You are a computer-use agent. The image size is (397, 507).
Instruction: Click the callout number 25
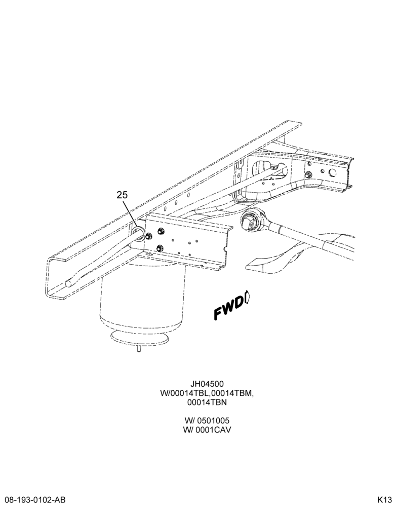click(123, 195)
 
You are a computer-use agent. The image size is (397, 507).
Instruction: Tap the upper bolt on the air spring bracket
click(160, 231)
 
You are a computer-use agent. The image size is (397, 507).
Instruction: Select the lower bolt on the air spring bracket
click(159, 248)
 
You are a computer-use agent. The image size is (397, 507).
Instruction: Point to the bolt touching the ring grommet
click(148, 236)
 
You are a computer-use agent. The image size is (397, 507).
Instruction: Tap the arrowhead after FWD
click(248, 297)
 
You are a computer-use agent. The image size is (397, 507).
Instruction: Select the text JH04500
click(207, 384)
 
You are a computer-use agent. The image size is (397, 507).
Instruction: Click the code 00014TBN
click(207, 403)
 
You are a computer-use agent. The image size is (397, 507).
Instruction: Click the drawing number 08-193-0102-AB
click(33, 500)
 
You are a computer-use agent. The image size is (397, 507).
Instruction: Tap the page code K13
click(384, 500)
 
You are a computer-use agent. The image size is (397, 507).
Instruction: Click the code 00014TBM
click(230, 393)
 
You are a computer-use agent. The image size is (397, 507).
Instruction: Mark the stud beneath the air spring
click(139, 349)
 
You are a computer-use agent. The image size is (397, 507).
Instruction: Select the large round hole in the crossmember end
click(332, 172)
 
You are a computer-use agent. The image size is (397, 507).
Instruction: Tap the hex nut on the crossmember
click(308, 174)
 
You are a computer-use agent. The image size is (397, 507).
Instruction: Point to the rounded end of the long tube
click(68, 283)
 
